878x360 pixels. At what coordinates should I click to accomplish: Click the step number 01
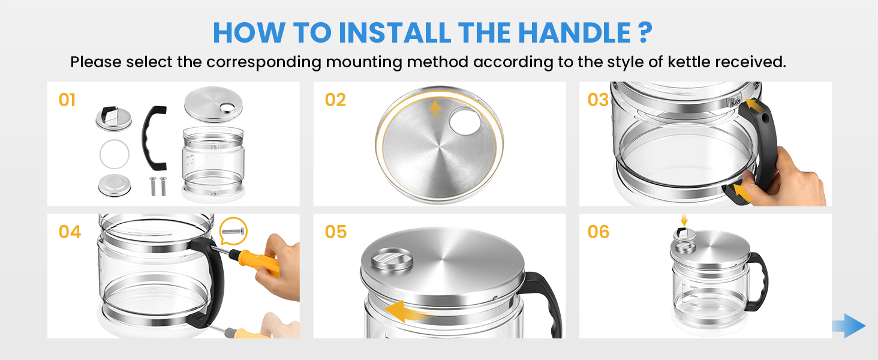(67, 100)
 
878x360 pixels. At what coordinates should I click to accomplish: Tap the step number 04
(70, 232)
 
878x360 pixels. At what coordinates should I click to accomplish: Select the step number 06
(598, 232)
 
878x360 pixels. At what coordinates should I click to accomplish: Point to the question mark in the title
(643, 32)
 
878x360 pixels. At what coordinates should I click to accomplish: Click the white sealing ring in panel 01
(114, 155)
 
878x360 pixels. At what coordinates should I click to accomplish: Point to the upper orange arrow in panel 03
(757, 108)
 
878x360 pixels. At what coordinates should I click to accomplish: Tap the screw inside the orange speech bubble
(233, 230)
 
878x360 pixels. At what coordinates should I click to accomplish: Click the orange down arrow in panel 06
(684, 220)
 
